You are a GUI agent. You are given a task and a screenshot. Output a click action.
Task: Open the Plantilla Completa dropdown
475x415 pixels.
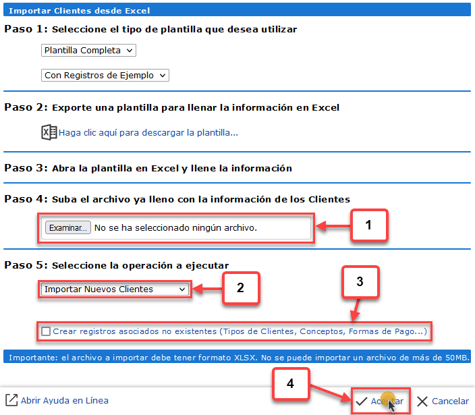88,51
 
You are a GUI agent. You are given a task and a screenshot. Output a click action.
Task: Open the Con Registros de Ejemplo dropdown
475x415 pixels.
105,75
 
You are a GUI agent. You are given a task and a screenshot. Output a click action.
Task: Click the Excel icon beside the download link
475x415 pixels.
49,132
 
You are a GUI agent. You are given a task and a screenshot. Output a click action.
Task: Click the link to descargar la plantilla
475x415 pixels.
148,133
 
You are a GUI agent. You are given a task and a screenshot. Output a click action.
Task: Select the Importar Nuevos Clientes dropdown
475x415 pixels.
115,289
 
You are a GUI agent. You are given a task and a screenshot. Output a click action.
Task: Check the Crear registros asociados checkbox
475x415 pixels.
46,331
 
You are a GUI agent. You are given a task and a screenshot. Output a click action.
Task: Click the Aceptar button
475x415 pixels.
380,401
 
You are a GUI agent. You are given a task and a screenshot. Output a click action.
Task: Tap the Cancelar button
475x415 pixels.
443,402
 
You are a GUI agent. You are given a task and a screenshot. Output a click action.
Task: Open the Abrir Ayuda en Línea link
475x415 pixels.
57,400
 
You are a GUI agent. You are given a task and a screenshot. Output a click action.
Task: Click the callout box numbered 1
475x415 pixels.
369,225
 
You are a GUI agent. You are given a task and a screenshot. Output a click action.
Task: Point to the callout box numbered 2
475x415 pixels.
241,287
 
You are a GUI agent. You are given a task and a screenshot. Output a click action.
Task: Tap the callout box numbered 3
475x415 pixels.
360,281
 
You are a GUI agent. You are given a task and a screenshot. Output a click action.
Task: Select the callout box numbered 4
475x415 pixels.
291,384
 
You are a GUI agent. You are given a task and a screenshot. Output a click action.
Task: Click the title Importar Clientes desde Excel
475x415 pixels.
80,11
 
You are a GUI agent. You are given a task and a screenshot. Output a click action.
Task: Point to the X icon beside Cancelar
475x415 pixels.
422,402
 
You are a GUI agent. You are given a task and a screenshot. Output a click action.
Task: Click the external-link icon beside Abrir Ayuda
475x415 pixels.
11,400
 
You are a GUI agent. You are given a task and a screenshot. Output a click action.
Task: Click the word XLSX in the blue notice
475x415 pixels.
245,358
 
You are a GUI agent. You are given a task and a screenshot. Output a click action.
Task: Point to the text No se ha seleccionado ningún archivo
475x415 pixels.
175,228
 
